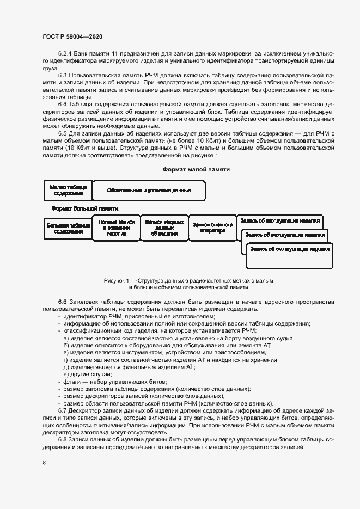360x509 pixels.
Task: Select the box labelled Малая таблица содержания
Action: point(68,190)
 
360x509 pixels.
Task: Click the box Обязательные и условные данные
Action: point(149,191)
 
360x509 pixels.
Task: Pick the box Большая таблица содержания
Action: point(68,228)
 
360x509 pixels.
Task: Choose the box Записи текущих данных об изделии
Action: point(164,228)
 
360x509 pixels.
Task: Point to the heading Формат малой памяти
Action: point(196,169)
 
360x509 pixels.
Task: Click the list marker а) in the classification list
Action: point(66,339)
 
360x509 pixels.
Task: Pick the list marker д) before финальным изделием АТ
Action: point(66,367)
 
